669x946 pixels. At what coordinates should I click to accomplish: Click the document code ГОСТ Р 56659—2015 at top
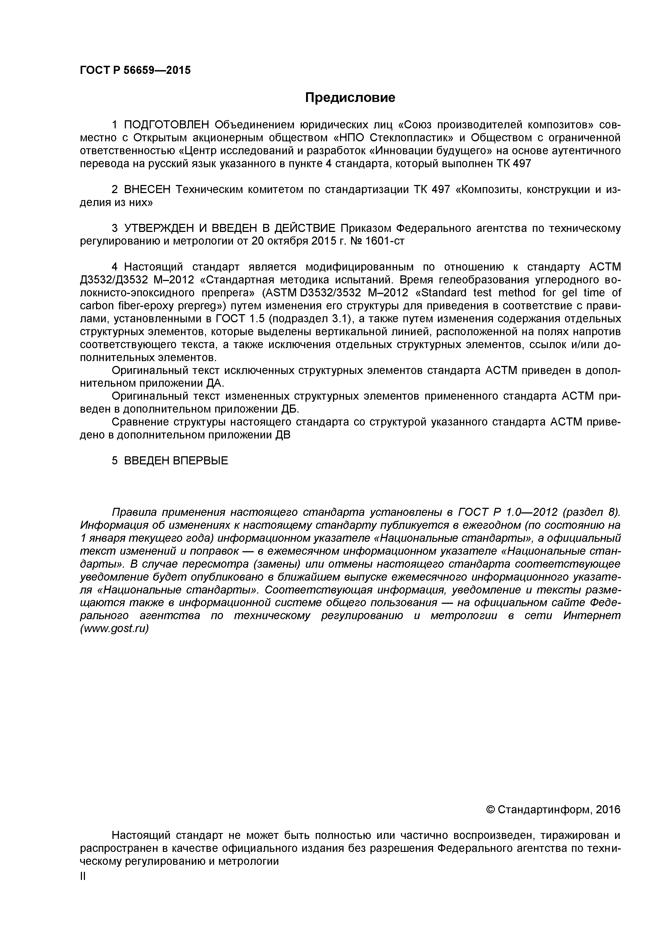(135, 70)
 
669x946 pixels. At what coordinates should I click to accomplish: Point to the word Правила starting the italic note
(134, 512)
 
